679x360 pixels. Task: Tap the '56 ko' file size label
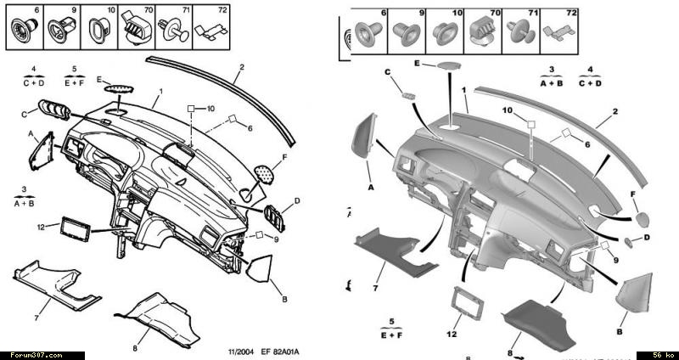coord(662,355)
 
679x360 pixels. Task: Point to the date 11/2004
coord(242,351)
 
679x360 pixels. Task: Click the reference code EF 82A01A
coord(282,351)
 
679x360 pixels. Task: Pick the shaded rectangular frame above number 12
coord(464,302)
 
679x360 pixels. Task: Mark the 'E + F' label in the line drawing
coord(75,83)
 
